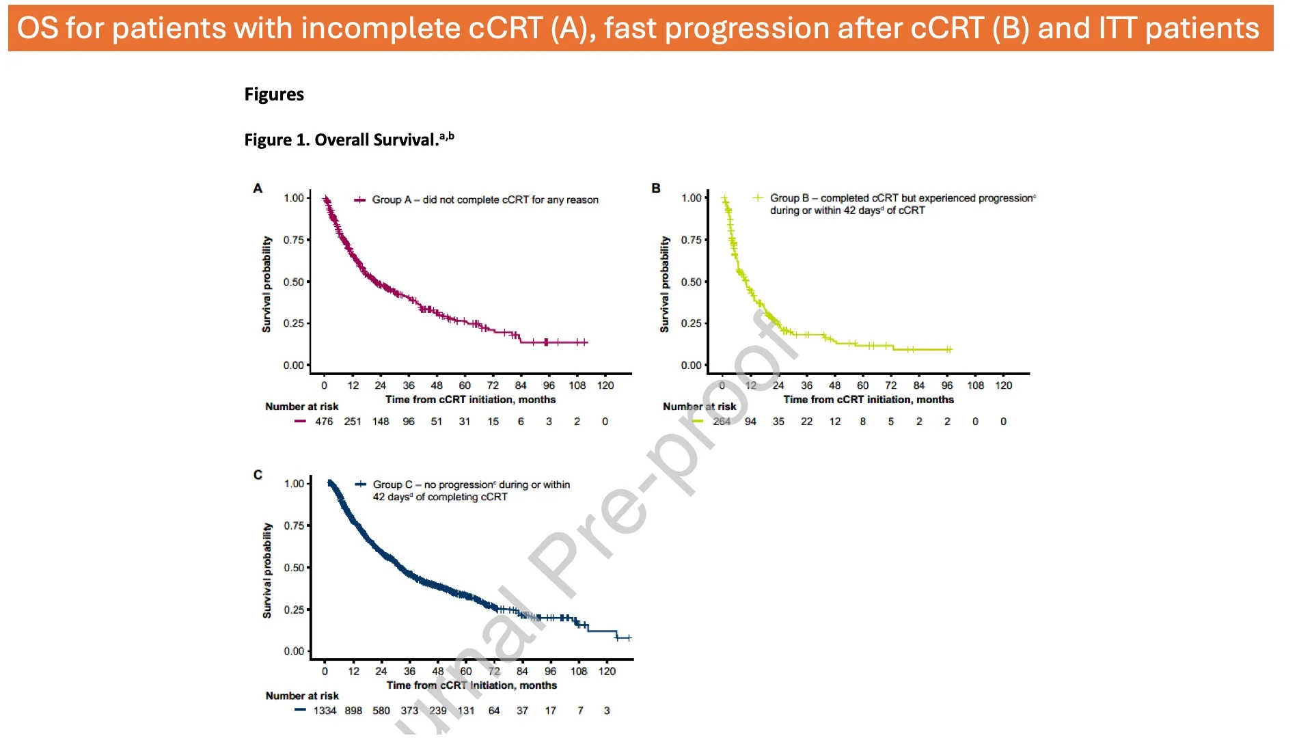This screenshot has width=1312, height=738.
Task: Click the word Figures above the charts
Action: (274, 94)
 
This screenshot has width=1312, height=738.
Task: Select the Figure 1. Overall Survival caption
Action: (348, 139)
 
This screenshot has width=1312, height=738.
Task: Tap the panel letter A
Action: (258, 188)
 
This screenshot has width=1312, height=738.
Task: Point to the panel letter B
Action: (656, 188)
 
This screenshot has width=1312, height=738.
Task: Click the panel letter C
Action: (258, 474)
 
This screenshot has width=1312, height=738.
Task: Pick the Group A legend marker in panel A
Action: (359, 200)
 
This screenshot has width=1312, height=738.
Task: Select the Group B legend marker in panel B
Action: (757, 198)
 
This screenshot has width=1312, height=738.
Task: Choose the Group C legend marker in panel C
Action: (360, 484)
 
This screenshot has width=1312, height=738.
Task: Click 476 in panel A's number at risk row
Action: (324, 422)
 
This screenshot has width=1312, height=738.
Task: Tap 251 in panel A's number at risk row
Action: (353, 422)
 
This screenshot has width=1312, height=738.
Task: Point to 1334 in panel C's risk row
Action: (325, 711)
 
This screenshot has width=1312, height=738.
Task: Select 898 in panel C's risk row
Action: (353, 711)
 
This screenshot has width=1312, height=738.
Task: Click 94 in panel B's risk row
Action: (750, 422)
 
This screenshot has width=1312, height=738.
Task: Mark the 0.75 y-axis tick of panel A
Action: (294, 240)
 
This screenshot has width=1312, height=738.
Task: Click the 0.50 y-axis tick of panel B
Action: (692, 282)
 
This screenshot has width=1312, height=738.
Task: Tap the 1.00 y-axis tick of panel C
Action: (295, 484)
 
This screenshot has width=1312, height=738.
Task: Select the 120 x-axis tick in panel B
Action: (1004, 385)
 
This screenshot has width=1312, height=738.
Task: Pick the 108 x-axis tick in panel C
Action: (579, 671)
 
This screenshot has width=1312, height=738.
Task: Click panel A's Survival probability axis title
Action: (266, 284)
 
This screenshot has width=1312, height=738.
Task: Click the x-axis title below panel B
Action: (869, 400)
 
